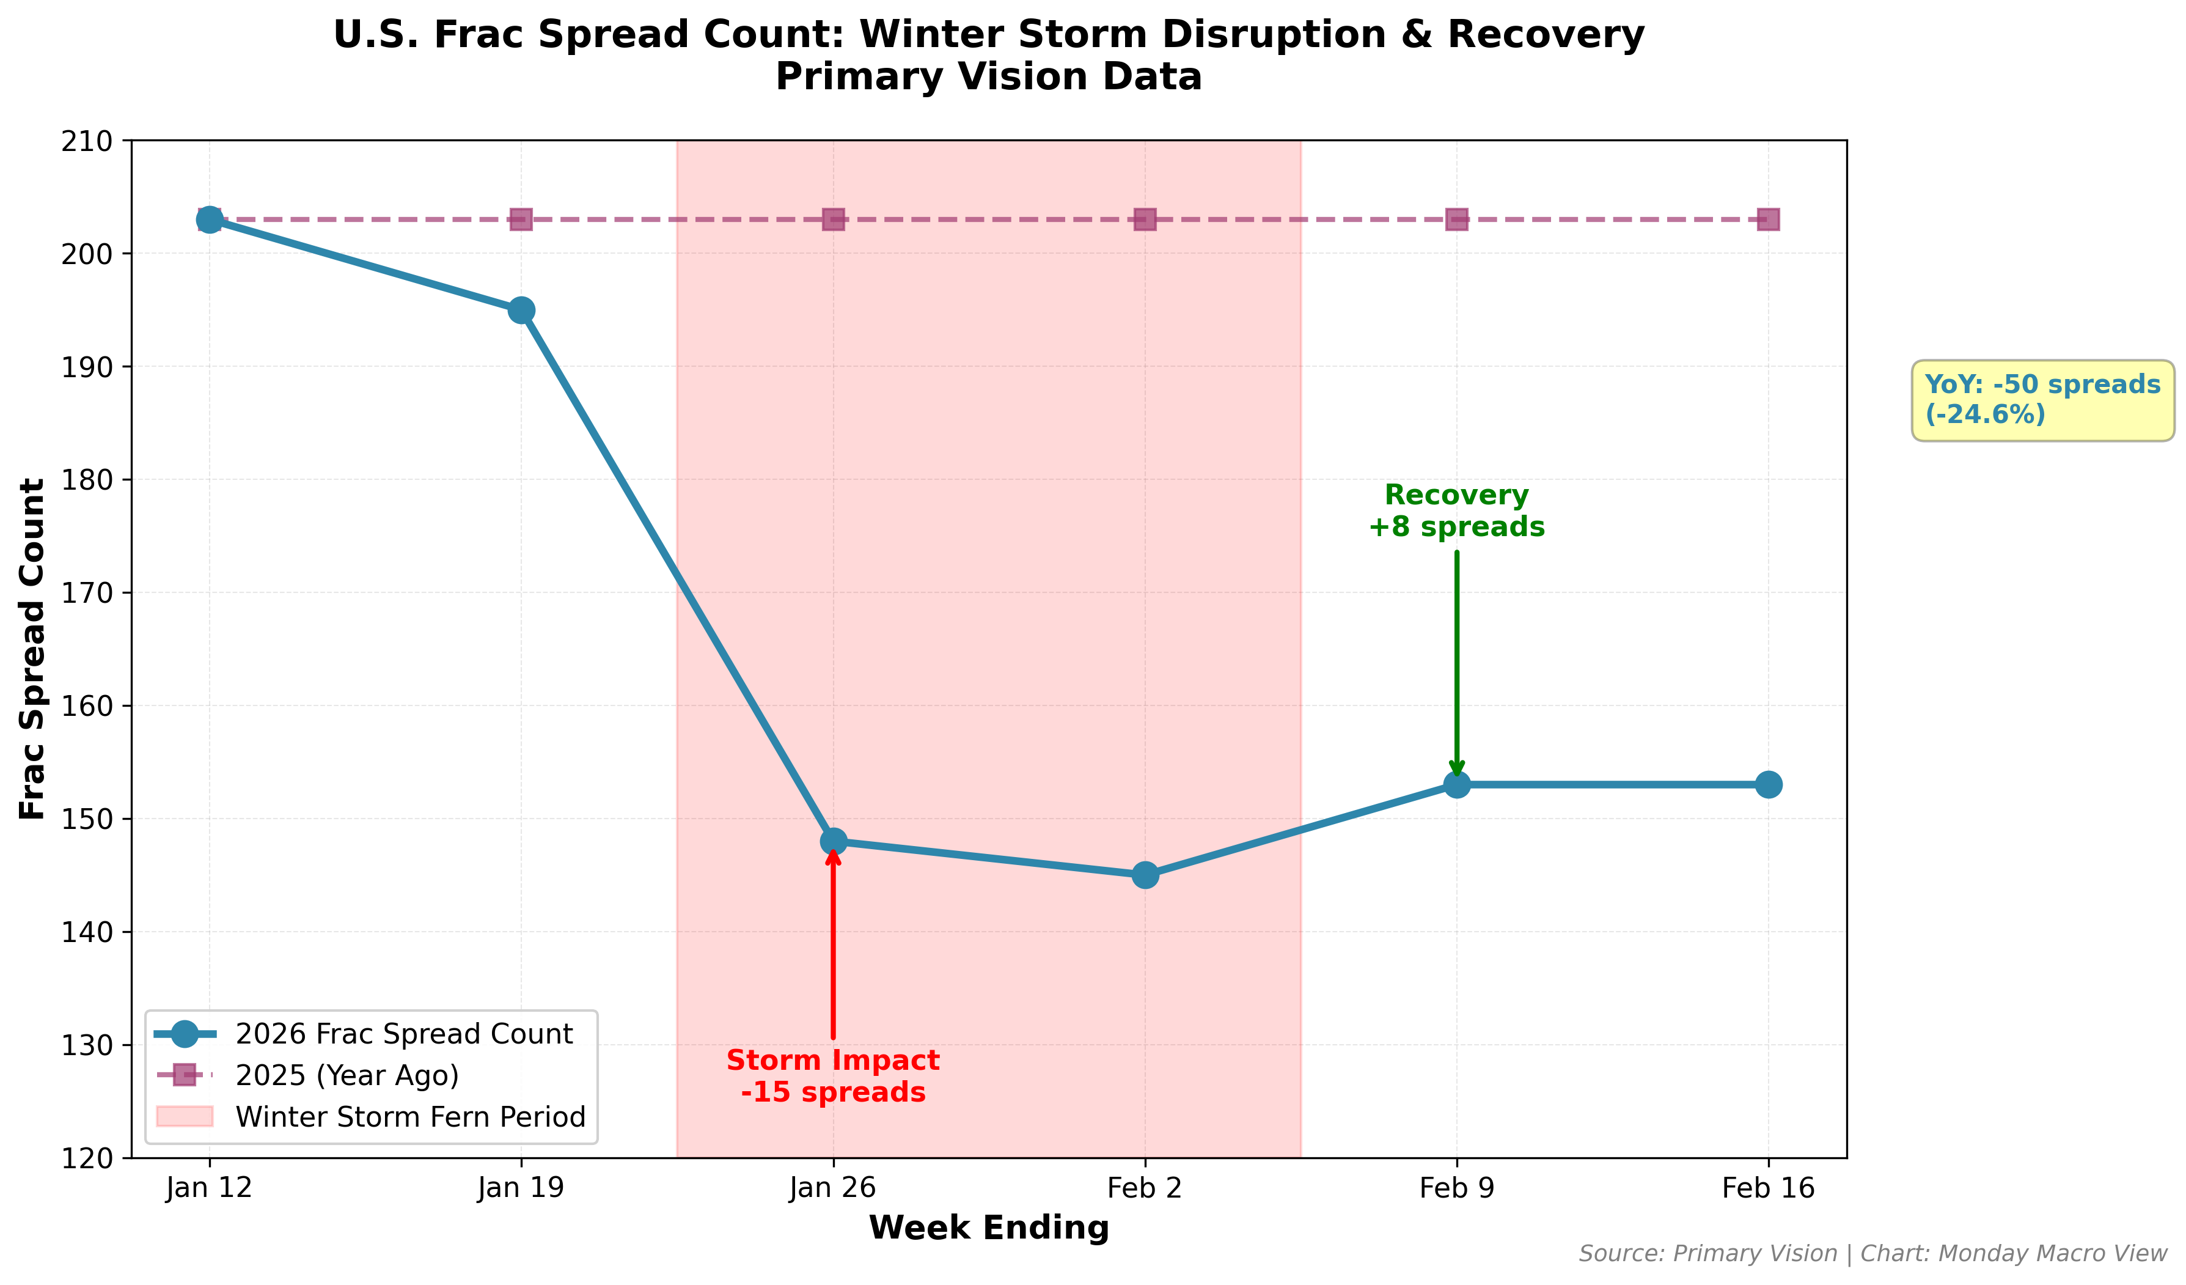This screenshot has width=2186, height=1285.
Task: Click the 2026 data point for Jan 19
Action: click(521, 310)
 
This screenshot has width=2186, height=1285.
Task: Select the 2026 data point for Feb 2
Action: click(1145, 875)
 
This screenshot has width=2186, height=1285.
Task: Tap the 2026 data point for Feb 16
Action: click(1769, 784)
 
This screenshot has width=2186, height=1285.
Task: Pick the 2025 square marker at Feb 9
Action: click(1456, 219)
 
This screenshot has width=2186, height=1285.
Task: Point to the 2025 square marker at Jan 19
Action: click(521, 219)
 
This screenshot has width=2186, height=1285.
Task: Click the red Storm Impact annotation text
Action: click(833, 1076)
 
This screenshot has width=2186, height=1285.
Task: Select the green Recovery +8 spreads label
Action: click(1456, 511)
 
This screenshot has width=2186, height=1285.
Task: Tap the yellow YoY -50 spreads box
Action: click(2042, 400)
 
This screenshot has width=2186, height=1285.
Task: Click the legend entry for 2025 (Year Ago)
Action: click(347, 1076)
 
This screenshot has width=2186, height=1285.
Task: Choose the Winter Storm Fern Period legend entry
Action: click(410, 1117)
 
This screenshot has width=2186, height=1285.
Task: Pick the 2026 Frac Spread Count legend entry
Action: click(403, 1034)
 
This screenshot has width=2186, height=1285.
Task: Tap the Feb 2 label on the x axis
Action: click(1145, 1188)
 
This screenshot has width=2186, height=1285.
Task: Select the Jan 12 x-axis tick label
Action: click(209, 1188)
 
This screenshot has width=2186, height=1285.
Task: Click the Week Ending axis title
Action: click(989, 1228)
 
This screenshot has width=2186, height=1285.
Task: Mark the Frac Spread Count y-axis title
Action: click(33, 649)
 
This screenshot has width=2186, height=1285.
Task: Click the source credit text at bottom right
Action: click(1872, 1254)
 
